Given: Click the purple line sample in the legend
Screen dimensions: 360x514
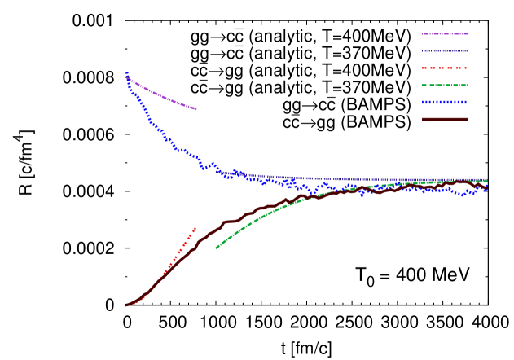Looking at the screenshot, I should click(445, 33).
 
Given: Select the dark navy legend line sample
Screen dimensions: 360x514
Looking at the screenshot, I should click(445, 50).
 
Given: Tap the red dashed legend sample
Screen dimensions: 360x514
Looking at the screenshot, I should click(445, 68).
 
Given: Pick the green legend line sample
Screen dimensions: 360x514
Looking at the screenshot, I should click(445, 85).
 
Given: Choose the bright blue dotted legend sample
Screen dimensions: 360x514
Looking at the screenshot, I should click(445, 102).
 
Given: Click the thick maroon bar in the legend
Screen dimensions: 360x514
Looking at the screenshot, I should click(445, 119).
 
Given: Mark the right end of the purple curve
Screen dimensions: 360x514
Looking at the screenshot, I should click(196, 109).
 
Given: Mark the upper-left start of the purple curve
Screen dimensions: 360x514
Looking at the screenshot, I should click(126, 77).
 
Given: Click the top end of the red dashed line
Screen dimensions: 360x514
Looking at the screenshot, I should click(195, 229).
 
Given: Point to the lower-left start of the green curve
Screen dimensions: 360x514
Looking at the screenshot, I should click(216, 248).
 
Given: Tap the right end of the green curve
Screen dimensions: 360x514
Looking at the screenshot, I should click(487, 181).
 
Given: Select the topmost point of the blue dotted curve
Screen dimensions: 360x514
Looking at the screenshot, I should click(126, 72).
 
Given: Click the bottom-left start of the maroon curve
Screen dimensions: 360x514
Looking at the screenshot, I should click(126, 305).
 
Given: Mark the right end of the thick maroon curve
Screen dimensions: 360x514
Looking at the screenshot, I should click(488, 187).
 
